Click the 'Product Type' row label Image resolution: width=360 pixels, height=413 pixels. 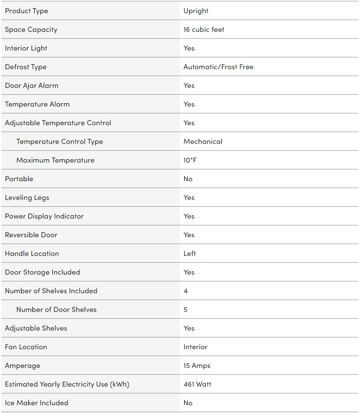26,11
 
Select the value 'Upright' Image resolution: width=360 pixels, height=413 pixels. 196,11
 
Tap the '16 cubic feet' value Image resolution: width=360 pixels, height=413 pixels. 204,30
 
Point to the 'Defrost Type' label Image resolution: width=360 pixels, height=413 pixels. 26,67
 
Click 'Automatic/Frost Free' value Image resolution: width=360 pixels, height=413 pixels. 218,67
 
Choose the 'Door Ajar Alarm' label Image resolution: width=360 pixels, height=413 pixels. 31,86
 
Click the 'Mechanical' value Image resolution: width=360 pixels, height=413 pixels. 203,142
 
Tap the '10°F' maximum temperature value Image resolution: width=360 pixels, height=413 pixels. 190,160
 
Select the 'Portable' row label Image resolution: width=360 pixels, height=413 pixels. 19,179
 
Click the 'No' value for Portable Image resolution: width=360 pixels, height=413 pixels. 188,179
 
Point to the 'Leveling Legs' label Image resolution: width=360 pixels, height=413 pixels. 27,198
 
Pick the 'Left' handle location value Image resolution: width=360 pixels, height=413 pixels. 190,254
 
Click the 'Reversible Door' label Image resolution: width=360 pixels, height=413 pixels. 31,235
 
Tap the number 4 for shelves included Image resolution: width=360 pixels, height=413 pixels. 185,291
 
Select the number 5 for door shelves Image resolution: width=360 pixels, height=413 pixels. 185,310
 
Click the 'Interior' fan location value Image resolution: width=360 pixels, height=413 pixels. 195,347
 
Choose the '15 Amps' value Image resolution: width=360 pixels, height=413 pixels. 197,366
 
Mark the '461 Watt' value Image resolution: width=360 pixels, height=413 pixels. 197,384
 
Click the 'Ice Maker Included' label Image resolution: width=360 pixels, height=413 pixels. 36,403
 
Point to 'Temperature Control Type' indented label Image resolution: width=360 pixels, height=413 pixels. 60,142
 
